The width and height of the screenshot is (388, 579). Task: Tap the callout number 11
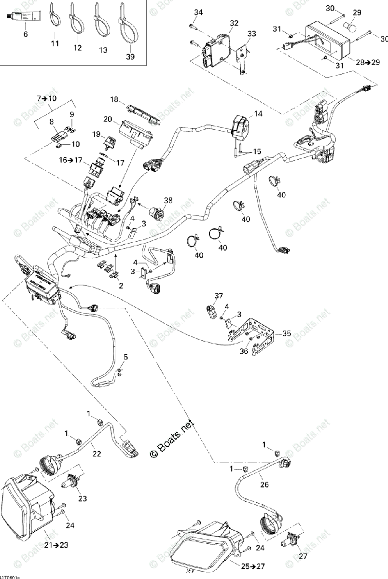(55, 44)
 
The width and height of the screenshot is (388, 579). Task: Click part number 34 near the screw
(199, 12)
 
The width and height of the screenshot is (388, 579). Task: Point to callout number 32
(234, 23)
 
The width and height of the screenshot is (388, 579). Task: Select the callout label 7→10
(46, 98)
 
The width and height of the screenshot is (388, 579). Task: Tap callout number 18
(114, 99)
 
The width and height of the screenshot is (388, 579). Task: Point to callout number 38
(167, 199)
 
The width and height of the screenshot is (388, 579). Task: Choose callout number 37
(219, 295)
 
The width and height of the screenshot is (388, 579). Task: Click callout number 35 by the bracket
(287, 333)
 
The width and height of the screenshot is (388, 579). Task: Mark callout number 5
(125, 357)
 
